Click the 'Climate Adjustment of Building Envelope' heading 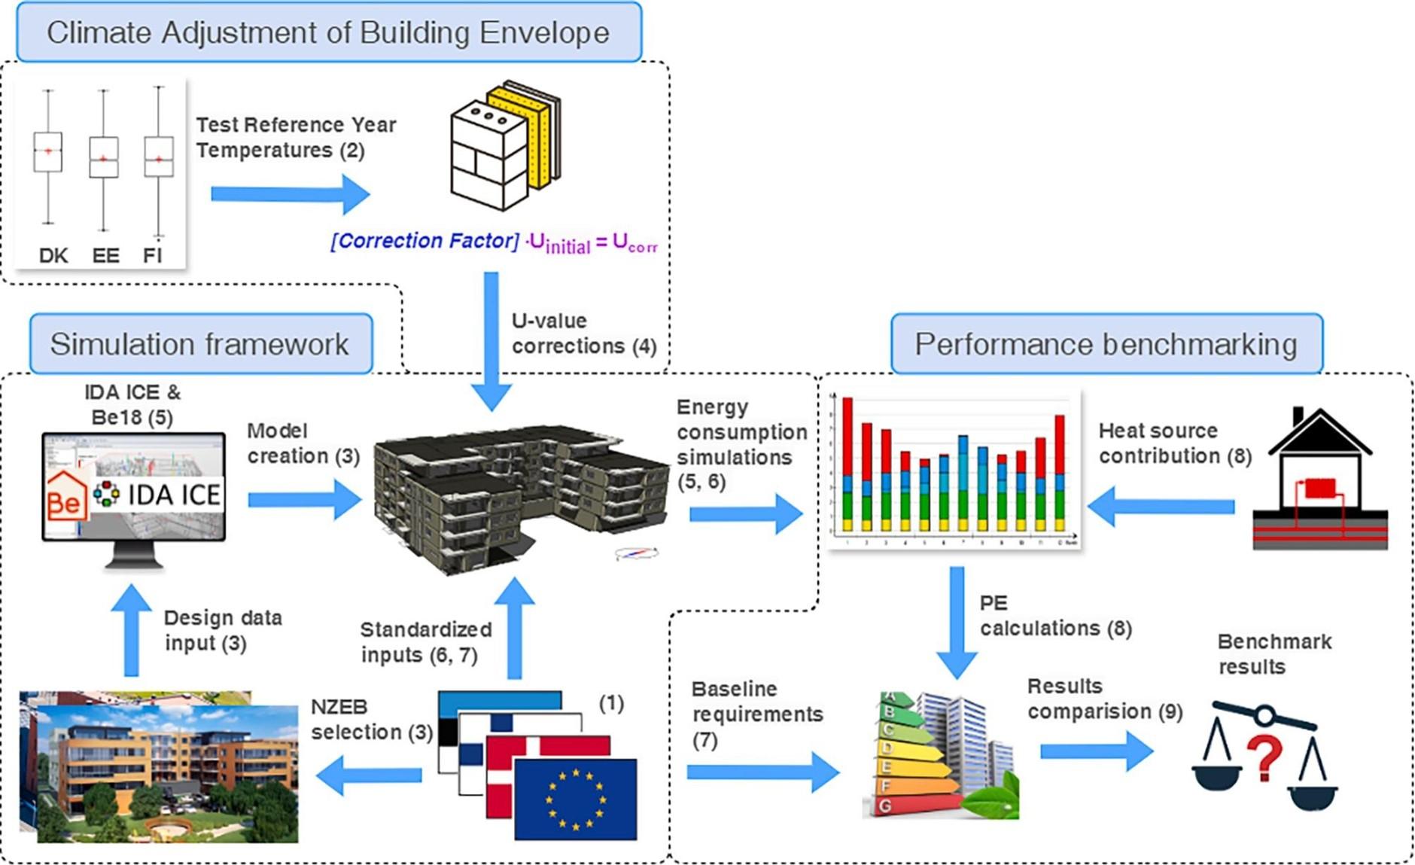[328, 32]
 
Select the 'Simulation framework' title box [200, 344]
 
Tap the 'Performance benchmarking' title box [1106, 344]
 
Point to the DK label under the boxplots [53, 256]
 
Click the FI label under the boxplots [153, 256]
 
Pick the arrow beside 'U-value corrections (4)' [491, 340]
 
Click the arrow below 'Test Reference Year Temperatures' [290, 194]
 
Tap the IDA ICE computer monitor [133, 498]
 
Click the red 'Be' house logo [65, 498]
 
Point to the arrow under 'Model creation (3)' [305, 500]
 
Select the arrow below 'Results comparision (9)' [1097, 751]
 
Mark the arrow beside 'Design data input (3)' [132, 629]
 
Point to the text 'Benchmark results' [1274, 653]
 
